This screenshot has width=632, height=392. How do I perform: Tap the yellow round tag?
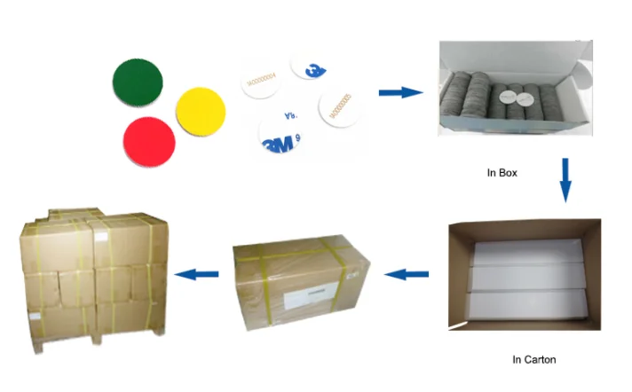[202, 112]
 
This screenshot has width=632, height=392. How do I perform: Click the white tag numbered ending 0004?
[263, 82]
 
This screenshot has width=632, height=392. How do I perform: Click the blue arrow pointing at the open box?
[399, 92]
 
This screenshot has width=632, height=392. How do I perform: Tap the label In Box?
[502, 173]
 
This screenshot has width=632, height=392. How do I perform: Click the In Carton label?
[534, 359]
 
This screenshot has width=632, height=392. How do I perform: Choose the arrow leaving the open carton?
[409, 276]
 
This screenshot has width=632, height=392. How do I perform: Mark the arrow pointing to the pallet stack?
[196, 276]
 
